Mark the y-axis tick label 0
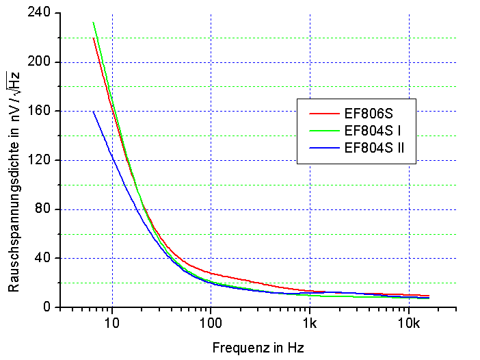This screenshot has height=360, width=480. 48,307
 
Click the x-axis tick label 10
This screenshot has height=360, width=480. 112,322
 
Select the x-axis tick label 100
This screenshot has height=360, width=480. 211,322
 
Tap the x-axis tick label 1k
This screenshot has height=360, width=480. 310,322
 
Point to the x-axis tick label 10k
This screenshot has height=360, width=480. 409,322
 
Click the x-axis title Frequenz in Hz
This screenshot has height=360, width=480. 258,348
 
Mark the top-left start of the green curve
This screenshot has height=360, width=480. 93,23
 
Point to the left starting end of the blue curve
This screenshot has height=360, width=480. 93,112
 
